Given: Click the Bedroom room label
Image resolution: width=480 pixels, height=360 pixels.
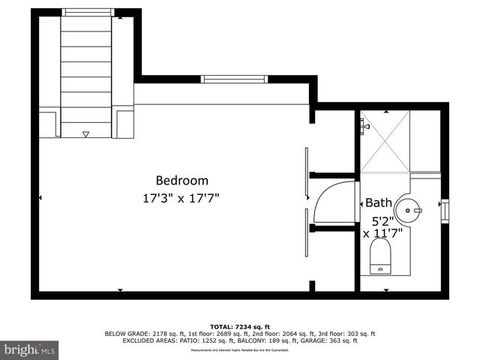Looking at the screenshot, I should [x=181, y=181].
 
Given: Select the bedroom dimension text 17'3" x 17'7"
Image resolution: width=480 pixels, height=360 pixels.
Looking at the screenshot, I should [x=181, y=199].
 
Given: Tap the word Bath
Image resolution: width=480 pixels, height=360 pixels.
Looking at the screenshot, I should [x=378, y=202].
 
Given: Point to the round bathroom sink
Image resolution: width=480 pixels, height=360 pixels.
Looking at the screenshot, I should [x=409, y=210].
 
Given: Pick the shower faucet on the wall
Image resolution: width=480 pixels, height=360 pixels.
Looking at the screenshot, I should [x=364, y=126].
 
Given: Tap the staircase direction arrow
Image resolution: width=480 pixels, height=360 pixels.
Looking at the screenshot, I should [x=85, y=134].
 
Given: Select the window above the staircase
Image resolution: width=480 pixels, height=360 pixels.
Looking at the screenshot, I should [x=85, y=12].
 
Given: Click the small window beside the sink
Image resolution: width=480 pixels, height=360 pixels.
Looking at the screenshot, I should [x=444, y=210].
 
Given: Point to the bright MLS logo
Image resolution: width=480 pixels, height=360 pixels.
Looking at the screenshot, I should [x=30, y=349].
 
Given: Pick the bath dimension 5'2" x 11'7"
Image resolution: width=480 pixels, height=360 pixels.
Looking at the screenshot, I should [x=382, y=227].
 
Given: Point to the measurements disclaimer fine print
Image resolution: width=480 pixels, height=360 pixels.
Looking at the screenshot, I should [x=240, y=350].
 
